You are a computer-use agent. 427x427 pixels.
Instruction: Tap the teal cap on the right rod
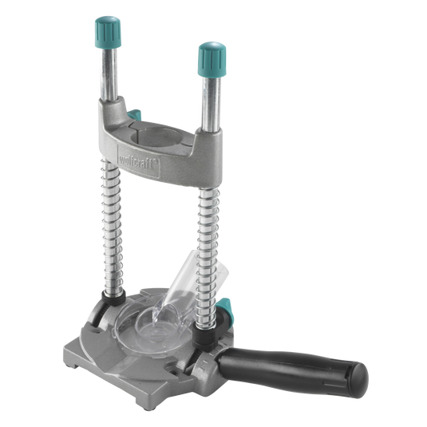(x=211, y=57)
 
